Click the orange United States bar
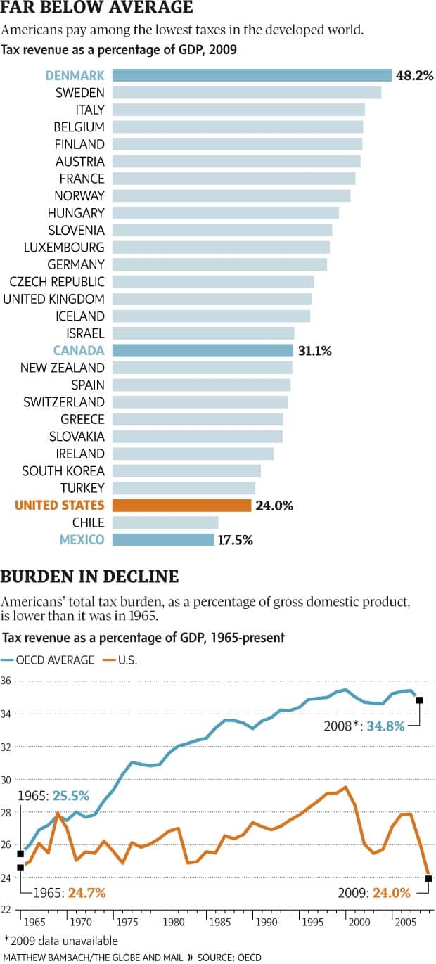(x=181, y=505)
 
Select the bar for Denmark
(x=252, y=75)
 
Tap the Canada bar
(x=203, y=350)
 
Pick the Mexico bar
(x=163, y=539)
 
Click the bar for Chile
(x=165, y=522)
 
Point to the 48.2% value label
(x=415, y=75)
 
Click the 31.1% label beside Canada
(x=314, y=350)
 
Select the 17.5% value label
(x=236, y=539)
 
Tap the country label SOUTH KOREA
(x=63, y=470)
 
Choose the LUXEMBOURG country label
(x=64, y=247)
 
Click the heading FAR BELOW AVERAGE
(x=97, y=9)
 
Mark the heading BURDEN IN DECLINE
(x=89, y=577)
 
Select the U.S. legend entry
(x=120, y=660)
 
